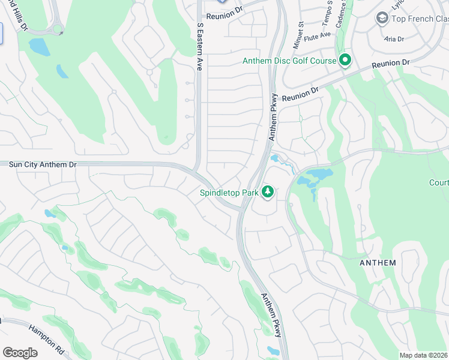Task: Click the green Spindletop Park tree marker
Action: pos(267,193)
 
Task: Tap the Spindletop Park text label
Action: pos(229,193)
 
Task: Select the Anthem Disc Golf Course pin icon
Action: pos(345,60)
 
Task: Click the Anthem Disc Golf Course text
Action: pos(289,61)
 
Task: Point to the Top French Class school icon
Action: pos(381,19)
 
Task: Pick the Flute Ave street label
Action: pos(318,36)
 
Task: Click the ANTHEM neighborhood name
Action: pos(378,263)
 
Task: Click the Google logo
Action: pos(20,353)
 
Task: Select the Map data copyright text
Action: pos(423,355)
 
